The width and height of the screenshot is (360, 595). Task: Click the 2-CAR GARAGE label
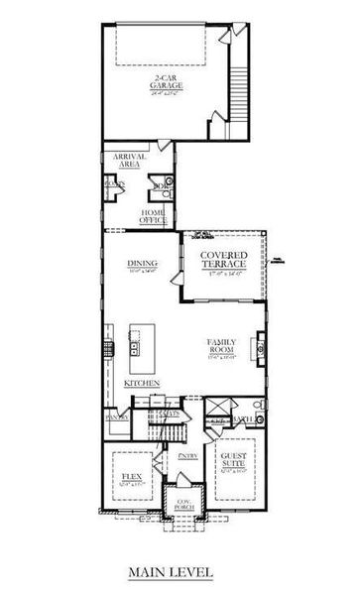tap(168, 83)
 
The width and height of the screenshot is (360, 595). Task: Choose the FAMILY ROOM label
tap(220, 346)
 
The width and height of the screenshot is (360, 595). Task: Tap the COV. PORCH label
tap(183, 502)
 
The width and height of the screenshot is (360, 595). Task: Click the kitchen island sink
tap(134, 347)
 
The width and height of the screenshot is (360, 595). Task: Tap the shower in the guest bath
tap(221, 406)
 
